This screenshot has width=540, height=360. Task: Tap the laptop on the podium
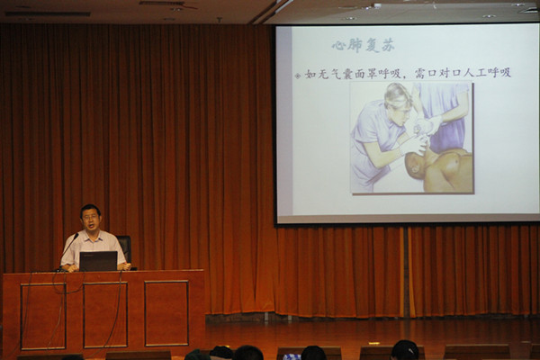coord(98,261)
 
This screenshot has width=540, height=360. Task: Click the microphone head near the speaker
coord(76,236)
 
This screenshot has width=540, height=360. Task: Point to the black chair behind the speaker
coord(125,248)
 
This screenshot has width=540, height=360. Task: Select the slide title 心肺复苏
coord(363,46)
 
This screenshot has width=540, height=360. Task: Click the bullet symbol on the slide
coord(298,76)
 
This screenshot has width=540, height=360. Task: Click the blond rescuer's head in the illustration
coord(399,103)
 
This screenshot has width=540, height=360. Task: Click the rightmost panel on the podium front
coord(166,313)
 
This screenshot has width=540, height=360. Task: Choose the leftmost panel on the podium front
coord(43,316)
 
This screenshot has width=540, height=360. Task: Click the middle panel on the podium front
coord(105,315)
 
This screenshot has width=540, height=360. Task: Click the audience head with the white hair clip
coord(405,350)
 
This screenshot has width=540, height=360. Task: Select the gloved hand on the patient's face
coord(412,146)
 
